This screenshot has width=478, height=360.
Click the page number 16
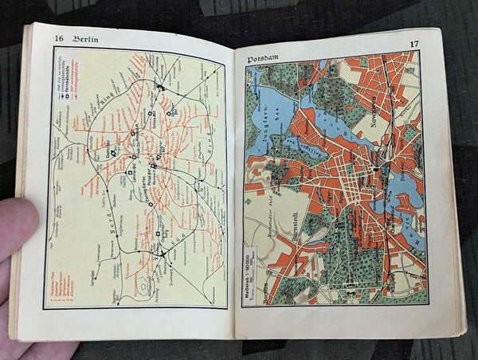pos(59,38)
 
